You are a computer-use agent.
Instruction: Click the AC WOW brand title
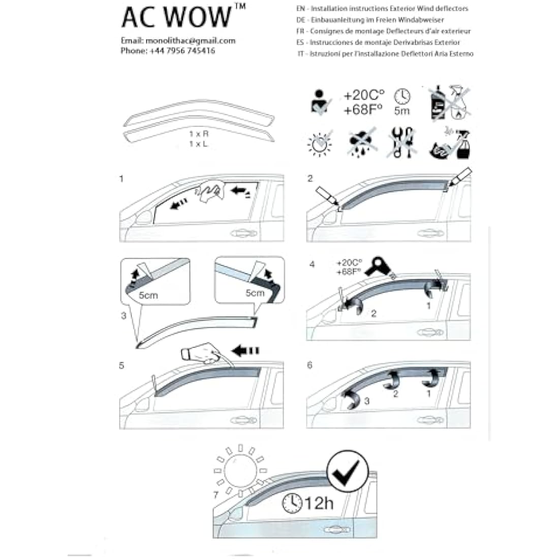tap(175, 17)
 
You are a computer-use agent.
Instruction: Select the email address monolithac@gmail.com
tap(190, 41)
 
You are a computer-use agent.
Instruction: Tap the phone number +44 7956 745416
tap(182, 51)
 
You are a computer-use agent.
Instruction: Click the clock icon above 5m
tap(401, 96)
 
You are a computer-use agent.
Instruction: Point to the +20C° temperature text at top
tap(364, 96)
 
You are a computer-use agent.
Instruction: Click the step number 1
tap(121, 179)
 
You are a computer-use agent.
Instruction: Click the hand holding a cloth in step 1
tap(211, 194)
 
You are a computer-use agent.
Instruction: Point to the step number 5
tap(121, 365)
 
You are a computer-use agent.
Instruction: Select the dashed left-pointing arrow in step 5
tap(245, 350)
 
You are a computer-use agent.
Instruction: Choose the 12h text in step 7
tap(319, 503)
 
